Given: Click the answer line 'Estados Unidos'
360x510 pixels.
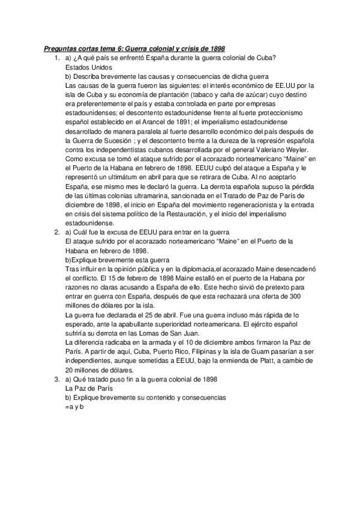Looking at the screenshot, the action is click(x=84, y=67).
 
